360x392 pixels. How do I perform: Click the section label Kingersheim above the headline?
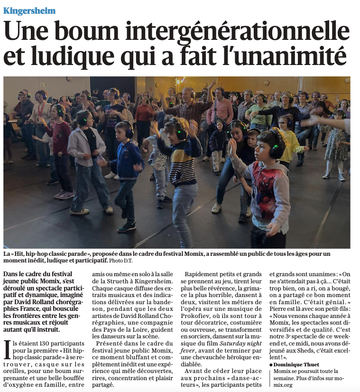(29, 10)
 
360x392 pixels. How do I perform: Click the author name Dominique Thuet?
(296, 364)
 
